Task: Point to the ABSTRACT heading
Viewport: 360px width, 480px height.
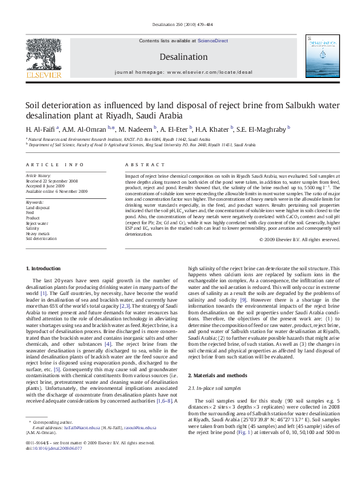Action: click(x=140, y=164)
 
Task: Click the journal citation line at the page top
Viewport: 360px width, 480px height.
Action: click(x=180, y=24)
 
